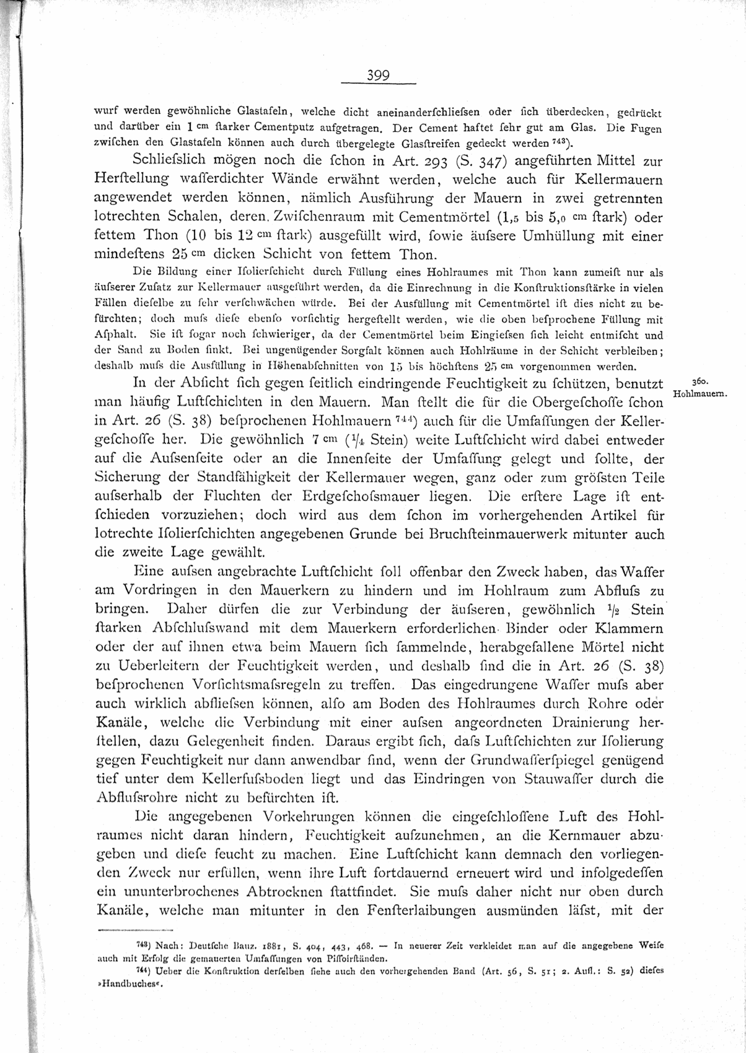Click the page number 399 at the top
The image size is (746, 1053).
tap(377, 76)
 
